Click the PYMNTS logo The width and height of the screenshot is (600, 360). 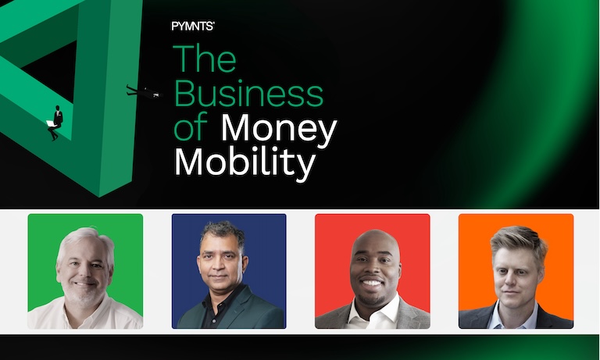193,26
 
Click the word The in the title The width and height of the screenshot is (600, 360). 205,59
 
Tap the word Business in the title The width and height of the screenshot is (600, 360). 248,94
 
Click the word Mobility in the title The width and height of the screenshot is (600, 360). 245,163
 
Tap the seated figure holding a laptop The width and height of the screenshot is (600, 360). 55,123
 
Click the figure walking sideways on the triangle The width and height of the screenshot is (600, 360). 144,92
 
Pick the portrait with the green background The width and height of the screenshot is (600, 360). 85,271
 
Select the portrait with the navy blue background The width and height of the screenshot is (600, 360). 229,271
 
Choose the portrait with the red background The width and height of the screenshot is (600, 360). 373,271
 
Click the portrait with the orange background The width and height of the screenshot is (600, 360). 516,271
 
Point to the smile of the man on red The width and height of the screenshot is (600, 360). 371,283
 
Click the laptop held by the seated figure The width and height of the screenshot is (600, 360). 50,123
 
